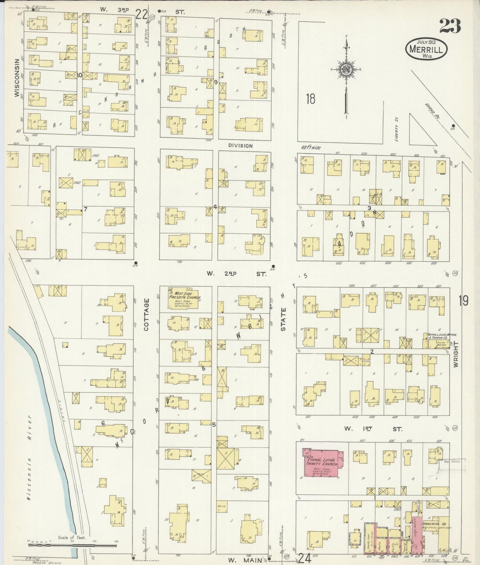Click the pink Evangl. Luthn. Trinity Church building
321,463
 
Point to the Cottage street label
146,314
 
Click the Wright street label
456,354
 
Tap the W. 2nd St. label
236,274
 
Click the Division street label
240,145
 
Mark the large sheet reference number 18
311,99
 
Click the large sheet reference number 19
464,301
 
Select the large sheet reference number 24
305,558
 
